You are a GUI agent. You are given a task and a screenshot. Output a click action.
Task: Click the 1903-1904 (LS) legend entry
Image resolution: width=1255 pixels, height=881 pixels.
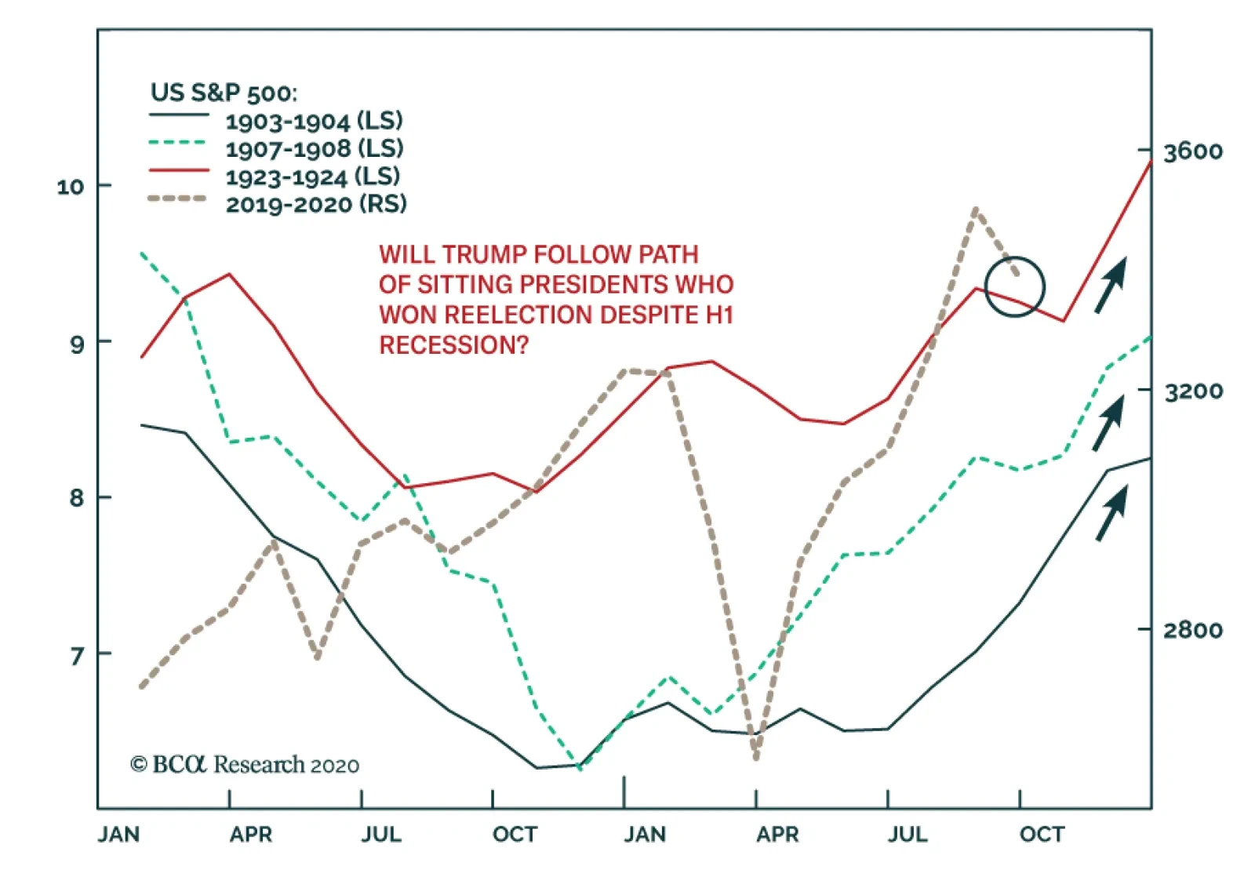[x=314, y=121]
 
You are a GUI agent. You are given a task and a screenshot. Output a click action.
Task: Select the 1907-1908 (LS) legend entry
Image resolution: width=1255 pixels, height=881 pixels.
[x=314, y=148]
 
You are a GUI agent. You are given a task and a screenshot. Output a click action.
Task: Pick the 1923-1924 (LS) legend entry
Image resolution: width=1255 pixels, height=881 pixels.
[x=312, y=177]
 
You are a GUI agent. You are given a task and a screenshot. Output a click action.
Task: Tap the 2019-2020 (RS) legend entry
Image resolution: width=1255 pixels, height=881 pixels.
[x=315, y=205]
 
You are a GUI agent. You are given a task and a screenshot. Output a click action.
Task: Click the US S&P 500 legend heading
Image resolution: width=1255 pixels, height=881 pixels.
[x=224, y=93]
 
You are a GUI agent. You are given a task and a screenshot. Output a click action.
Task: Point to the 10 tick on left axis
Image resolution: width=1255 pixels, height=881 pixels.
[x=71, y=187]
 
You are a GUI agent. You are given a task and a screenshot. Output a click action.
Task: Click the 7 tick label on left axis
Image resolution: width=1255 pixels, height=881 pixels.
[x=77, y=654]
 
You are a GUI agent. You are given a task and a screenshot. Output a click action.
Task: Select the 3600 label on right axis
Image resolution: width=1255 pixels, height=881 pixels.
[x=1192, y=151]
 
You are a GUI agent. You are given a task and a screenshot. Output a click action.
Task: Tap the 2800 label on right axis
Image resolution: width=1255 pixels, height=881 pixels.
[x=1192, y=630]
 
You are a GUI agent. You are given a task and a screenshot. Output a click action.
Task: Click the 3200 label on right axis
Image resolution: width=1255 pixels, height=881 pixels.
[x=1192, y=391]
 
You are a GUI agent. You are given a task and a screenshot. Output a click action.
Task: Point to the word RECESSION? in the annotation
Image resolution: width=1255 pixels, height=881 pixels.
[x=454, y=345]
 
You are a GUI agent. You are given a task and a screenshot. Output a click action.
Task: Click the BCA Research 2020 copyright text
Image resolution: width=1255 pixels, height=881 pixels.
[x=245, y=765]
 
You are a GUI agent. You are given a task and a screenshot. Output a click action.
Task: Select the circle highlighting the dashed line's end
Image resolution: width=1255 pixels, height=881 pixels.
[x=1015, y=287]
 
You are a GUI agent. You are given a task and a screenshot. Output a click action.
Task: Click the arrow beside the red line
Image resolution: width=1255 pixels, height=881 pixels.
[x=1111, y=285]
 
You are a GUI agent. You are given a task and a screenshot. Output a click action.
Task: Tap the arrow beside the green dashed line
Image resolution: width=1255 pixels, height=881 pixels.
[x=1109, y=422]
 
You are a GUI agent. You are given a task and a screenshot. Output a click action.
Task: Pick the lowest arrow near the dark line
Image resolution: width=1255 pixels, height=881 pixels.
[x=1111, y=512]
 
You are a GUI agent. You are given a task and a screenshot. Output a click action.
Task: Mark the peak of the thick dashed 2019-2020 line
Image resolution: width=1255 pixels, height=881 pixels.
[x=975, y=209]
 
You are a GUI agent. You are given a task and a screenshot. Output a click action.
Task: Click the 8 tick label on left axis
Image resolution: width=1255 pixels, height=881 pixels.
[x=77, y=498]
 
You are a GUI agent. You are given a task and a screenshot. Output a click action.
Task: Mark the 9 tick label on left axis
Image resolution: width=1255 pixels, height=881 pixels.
[x=77, y=343]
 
